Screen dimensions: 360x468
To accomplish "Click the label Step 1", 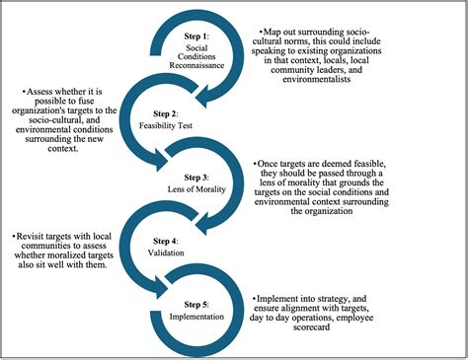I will pyautogui.click(x=198, y=36).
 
